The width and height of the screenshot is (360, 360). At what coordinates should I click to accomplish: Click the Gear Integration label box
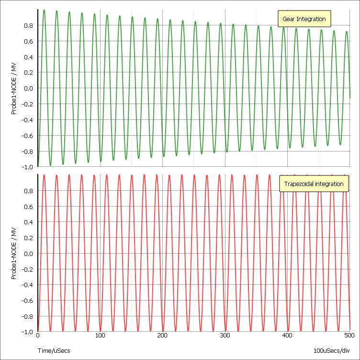click(304, 19)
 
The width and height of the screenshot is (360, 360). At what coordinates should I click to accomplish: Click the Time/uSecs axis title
click(54, 351)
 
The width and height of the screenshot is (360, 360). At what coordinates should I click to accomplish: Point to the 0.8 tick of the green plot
click(28, 25)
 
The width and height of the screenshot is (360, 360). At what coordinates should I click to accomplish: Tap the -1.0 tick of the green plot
click(27, 167)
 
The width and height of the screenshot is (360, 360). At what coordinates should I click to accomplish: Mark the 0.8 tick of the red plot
click(28, 191)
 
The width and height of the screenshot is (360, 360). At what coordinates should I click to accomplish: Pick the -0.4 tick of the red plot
click(27, 285)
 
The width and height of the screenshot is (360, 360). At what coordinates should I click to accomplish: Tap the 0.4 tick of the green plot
click(28, 57)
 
